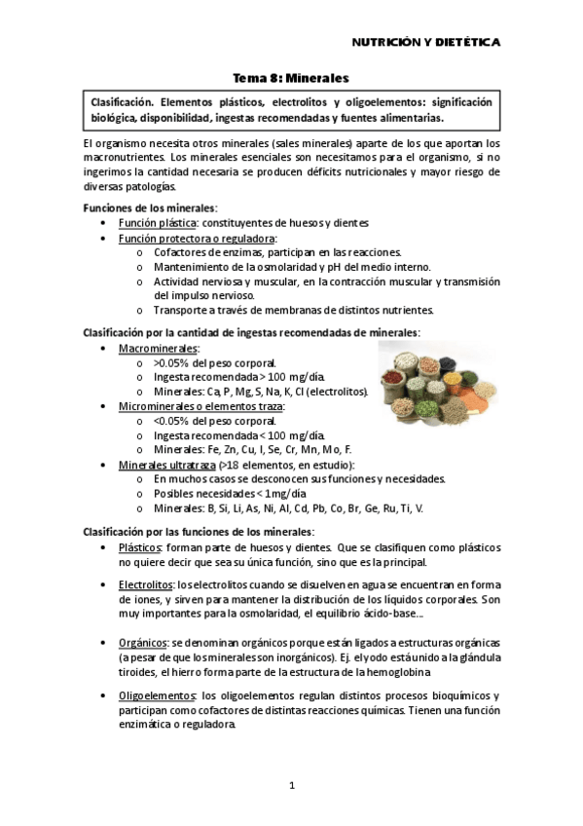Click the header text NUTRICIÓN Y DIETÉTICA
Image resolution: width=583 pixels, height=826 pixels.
(x=425, y=43)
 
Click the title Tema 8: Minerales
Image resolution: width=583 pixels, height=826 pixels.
(x=291, y=77)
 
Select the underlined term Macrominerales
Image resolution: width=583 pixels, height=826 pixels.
(x=158, y=348)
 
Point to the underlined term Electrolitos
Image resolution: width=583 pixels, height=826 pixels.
(x=145, y=583)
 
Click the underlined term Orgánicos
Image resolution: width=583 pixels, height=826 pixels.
(x=142, y=643)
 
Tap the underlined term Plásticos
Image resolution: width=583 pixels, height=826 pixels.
(x=139, y=548)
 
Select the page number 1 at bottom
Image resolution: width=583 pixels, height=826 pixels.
(x=291, y=785)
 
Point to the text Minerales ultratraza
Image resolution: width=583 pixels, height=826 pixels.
(x=167, y=465)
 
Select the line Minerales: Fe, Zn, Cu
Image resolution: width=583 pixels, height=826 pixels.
(x=231, y=450)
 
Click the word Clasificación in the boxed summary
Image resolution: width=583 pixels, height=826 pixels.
(x=122, y=102)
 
